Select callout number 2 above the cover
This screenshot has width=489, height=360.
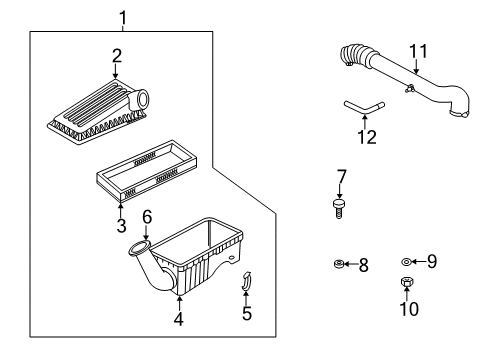(116, 56)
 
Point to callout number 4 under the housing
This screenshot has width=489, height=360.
(179, 320)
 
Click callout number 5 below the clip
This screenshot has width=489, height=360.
(247, 314)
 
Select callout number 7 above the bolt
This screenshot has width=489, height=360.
(341, 177)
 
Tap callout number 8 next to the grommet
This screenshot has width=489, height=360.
(363, 266)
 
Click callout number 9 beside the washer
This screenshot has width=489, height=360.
(432, 262)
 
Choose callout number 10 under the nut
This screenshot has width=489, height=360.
(409, 309)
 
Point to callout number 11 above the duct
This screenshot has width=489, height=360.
(419, 49)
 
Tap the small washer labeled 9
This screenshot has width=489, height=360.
(407, 262)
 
